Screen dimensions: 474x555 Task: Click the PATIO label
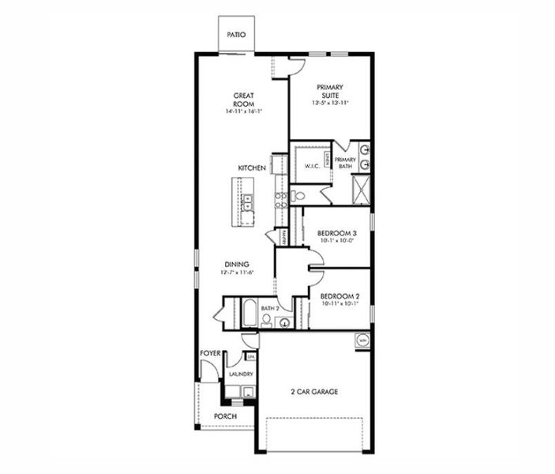236,35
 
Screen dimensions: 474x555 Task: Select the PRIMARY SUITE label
331,92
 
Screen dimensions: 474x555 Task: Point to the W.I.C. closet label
310,167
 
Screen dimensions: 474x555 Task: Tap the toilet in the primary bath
298,196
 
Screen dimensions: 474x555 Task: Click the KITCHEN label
252,168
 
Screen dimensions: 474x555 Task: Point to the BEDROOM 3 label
337,232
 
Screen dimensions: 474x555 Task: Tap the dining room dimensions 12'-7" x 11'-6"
237,273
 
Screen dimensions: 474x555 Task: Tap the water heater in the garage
362,340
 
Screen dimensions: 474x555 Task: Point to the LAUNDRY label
241,374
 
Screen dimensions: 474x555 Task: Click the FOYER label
209,354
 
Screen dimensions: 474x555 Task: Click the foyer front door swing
208,370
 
